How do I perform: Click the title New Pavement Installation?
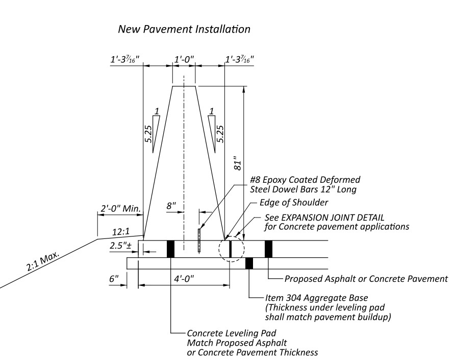[x=184, y=29]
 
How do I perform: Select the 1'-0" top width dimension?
[x=184, y=60]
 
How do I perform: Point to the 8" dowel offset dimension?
[x=171, y=206]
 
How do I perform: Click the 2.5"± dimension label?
[x=121, y=246]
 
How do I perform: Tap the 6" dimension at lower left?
[x=114, y=278]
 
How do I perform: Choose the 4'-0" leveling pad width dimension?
[x=184, y=279]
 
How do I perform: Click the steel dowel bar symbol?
[x=199, y=240]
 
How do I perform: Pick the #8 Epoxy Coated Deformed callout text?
[x=305, y=180]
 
